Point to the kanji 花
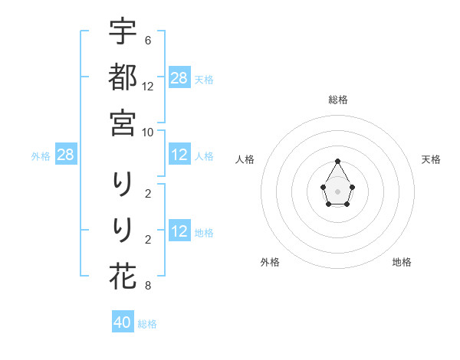tap(123, 275)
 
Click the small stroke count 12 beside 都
tap(148, 86)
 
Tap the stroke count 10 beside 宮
tap(148, 132)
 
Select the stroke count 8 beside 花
tap(147, 286)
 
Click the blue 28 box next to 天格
tap(179, 78)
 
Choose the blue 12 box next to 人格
tap(179, 155)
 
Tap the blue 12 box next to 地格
tap(179, 232)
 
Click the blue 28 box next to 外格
tap(65, 155)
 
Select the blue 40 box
tap(123, 322)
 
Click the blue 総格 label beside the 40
tap(147, 324)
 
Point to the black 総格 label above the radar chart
tap(338, 100)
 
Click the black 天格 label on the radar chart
tap(431, 159)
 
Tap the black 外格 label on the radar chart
tap(270, 262)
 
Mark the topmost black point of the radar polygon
tap(337, 161)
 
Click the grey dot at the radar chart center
tap(337, 191)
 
